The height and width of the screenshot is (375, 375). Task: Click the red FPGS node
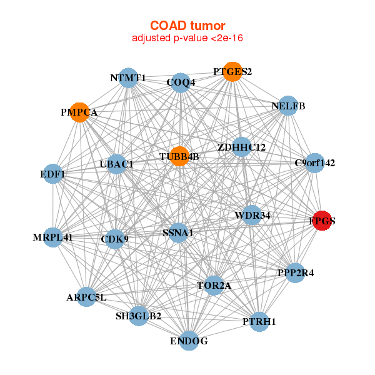pos(322,221)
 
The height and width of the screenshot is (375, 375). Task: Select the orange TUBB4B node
pos(179,156)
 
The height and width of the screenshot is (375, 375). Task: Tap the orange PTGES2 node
pos(232,72)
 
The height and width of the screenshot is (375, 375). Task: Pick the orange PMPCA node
pos(79,112)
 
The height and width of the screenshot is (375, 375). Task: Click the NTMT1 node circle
pos(128,78)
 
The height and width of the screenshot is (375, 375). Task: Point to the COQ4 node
pos(181,82)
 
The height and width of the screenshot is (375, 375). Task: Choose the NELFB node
pos(288,106)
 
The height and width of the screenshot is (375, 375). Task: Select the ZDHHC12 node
pos(242,147)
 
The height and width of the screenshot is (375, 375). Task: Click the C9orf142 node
pos(315,163)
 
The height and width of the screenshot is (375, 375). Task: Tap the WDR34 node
pos(252,215)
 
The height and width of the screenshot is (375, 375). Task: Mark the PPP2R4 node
pos(295,273)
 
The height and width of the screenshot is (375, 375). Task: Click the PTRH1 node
pos(259,321)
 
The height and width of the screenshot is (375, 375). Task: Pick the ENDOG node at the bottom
pos(189,341)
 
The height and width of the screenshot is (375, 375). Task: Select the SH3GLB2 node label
pos(138,316)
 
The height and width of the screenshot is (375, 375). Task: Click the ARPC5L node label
pos(86,297)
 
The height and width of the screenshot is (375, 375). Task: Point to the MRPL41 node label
pos(52,237)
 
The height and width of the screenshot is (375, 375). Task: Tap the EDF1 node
pos(53,173)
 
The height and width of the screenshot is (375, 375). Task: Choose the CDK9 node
pos(114,238)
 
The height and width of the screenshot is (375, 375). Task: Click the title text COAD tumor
pos(187,26)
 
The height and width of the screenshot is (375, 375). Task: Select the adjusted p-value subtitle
pos(187,38)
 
